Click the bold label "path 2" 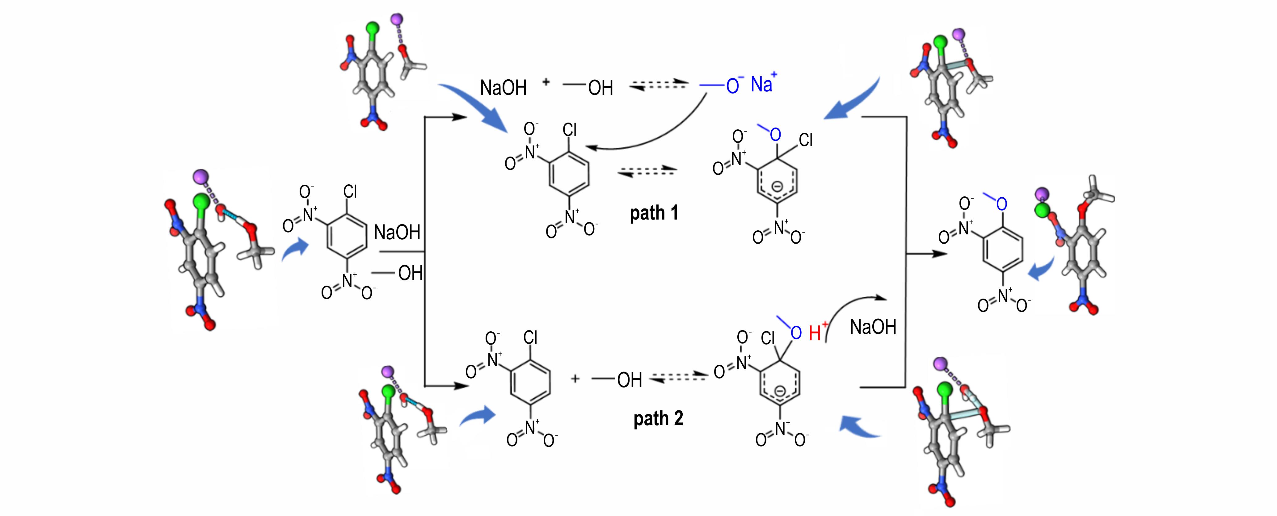click(x=658, y=419)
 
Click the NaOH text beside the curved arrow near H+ click(x=873, y=327)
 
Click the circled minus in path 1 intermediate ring click(x=777, y=187)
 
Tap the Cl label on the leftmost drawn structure click(x=350, y=191)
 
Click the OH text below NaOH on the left click(x=411, y=273)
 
